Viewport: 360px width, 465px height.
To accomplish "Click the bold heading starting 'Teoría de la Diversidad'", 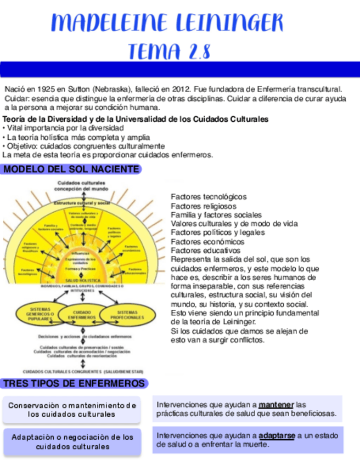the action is pyautogui.click(x=135, y=119).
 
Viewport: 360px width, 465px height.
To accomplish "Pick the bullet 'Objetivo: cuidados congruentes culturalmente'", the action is pyautogui.click(x=83, y=146).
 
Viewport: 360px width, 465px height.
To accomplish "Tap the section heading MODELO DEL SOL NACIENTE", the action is pyautogui.click(x=71, y=169).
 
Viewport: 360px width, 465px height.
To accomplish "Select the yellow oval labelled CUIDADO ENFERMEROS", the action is pyautogui.click(x=82, y=314).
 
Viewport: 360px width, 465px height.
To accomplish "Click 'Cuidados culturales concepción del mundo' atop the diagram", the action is pyautogui.click(x=82, y=186).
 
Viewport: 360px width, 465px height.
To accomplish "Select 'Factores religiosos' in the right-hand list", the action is pyautogui.click(x=204, y=206).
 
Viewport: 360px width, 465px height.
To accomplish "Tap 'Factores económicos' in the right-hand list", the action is pyautogui.click(x=207, y=241).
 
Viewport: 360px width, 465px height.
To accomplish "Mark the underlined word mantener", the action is pyautogui.click(x=276, y=405).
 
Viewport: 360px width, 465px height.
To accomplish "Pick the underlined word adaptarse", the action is pyautogui.click(x=277, y=435).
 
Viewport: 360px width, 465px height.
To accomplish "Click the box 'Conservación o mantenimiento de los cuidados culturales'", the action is pyautogui.click(x=71, y=410).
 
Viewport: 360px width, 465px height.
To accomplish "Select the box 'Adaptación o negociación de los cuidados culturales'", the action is pyautogui.click(x=71, y=441).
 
